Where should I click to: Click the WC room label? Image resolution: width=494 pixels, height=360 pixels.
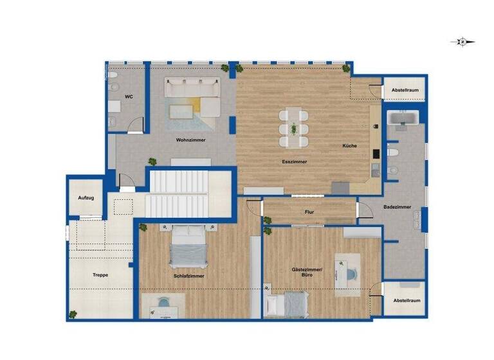(129, 97)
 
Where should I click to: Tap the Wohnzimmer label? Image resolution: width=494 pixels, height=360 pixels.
(191, 140)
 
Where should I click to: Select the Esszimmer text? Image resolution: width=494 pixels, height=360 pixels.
(294, 161)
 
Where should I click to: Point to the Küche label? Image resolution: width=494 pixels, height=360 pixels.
(349, 146)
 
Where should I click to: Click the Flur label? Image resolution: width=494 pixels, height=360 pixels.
(309, 212)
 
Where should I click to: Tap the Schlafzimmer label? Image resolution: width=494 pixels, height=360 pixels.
(189, 276)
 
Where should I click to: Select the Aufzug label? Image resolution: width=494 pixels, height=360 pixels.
(86, 198)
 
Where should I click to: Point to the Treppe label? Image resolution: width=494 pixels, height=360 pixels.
(100, 275)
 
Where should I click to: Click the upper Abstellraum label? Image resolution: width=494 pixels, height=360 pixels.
(405, 91)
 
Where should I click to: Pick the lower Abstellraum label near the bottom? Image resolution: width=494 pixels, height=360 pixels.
(405, 300)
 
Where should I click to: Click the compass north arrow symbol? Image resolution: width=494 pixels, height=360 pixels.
(462, 42)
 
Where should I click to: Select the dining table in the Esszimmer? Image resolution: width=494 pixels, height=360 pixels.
(294, 127)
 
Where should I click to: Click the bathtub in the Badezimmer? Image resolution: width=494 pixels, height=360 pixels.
(403, 119)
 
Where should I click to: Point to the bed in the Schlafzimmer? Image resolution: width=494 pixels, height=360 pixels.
(188, 246)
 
